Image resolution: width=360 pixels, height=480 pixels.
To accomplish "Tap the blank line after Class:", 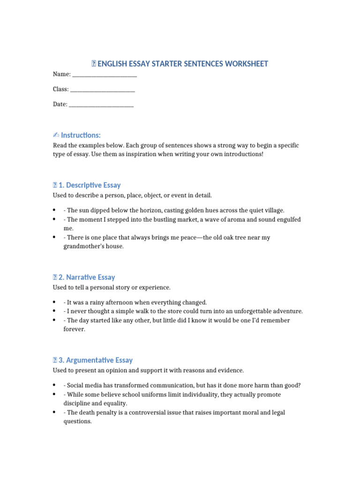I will pos(102,90).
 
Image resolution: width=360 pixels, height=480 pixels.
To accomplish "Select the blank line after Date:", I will pos(101,105).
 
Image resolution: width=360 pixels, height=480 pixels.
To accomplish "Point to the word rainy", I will pos(102,302).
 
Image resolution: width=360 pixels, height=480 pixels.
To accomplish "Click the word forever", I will pos(75,329).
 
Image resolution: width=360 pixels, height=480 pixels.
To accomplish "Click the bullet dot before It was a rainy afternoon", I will pos(55,302).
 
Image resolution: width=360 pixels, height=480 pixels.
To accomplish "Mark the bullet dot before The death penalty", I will pos(55,412).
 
